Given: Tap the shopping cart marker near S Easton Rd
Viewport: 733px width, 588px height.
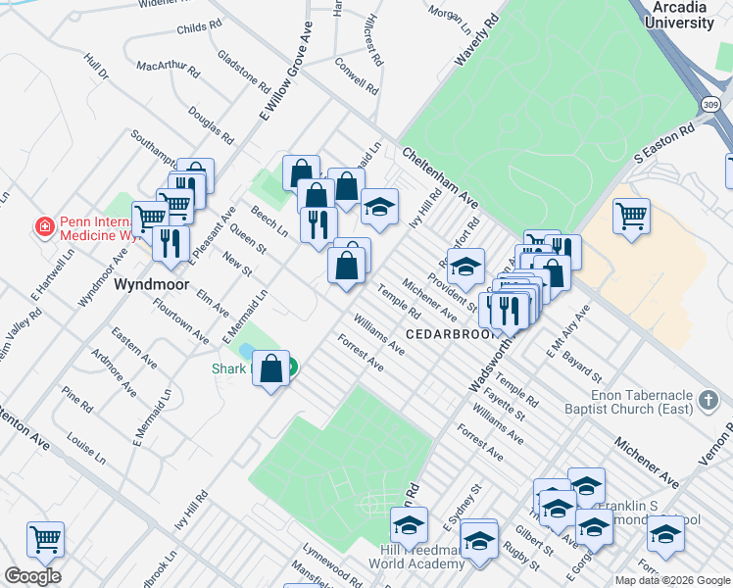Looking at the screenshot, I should click(631, 214).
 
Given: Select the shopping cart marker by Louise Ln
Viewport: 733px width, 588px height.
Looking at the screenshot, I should click(45, 538).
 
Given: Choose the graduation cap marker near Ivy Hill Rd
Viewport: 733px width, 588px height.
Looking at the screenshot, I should click(379, 206).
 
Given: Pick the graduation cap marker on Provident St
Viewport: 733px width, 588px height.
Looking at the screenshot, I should click(466, 267).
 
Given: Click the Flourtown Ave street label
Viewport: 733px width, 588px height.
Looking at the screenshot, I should click(181, 320).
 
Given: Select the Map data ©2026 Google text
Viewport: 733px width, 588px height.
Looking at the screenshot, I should click(672, 580).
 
